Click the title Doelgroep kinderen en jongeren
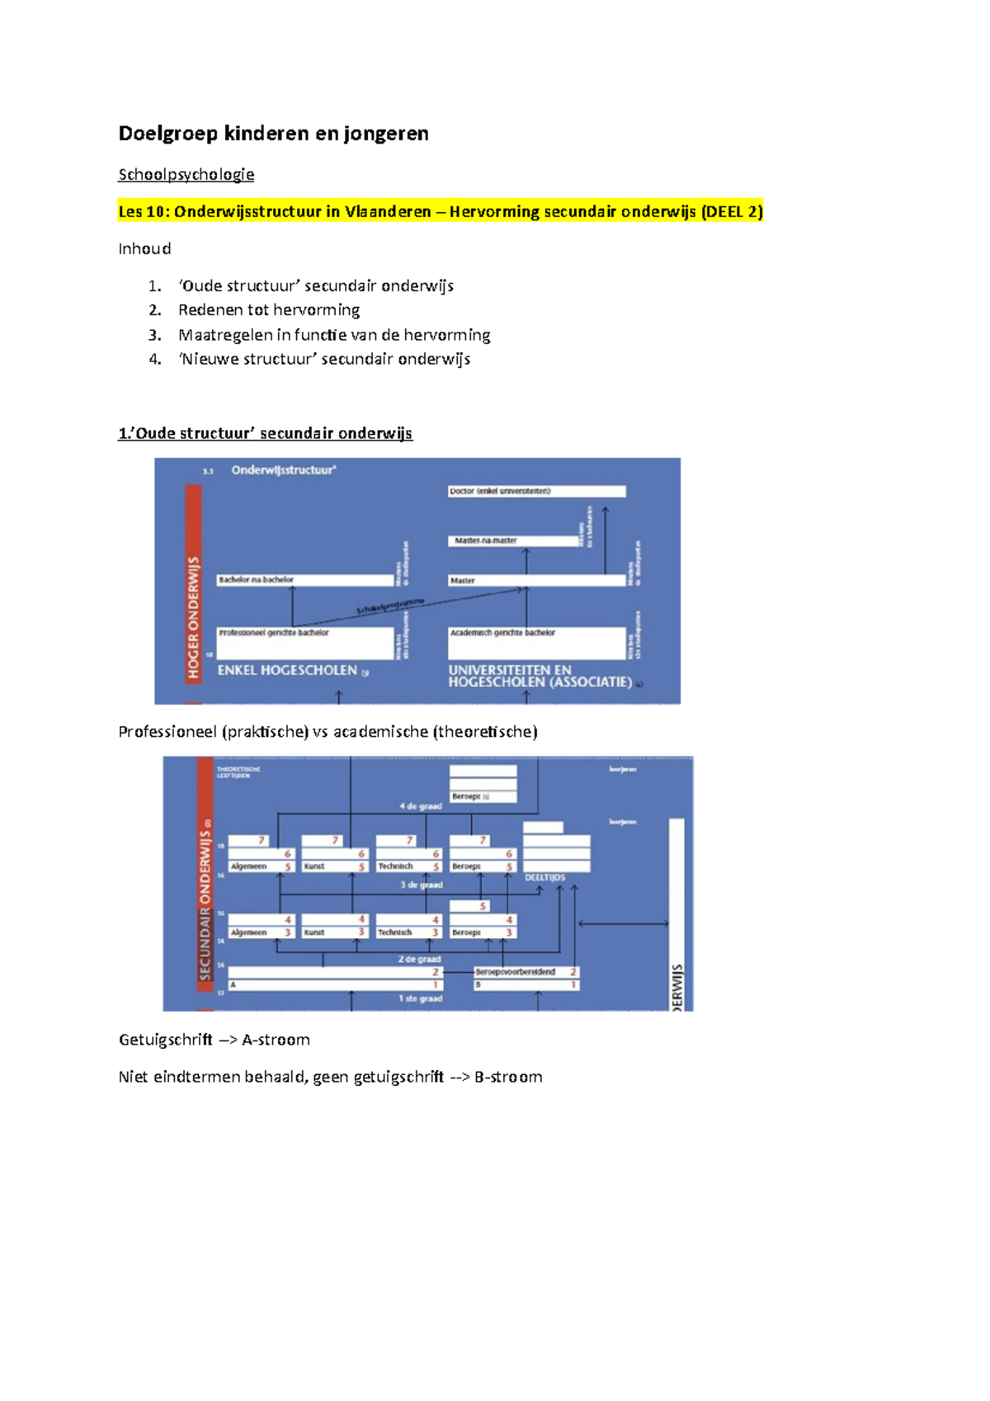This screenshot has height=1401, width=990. pyautogui.click(x=273, y=134)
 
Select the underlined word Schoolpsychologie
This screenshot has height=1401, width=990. pyautogui.click(x=186, y=174)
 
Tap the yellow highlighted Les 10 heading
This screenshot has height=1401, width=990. pyautogui.click(x=441, y=211)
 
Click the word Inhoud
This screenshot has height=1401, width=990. pyautogui.click(x=144, y=248)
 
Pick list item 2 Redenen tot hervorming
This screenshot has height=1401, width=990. pyautogui.click(x=269, y=309)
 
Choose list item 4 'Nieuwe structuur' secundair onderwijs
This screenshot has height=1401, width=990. pyautogui.click(x=324, y=359)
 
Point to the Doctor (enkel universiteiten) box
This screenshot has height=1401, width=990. pyautogui.click(x=536, y=491)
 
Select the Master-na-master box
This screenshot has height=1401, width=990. pyautogui.click(x=514, y=540)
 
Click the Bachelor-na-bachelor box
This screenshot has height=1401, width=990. pyautogui.click(x=304, y=580)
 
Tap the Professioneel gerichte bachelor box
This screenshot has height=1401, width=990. pyautogui.click(x=304, y=642)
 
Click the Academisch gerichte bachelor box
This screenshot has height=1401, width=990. pyautogui.click(x=536, y=642)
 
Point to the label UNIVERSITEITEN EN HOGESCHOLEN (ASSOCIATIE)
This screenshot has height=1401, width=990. pyautogui.click(x=540, y=676)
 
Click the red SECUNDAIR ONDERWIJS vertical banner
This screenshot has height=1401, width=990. pyautogui.click(x=205, y=883)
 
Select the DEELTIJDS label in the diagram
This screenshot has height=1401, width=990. pyautogui.click(x=545, y=877)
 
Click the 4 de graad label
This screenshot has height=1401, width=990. pyautogui.click(x=421, y=806)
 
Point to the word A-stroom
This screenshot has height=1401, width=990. pyautogui.click(x=276, y=1040)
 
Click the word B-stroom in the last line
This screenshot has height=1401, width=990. pyautogui.click(x=508, y=1077)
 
